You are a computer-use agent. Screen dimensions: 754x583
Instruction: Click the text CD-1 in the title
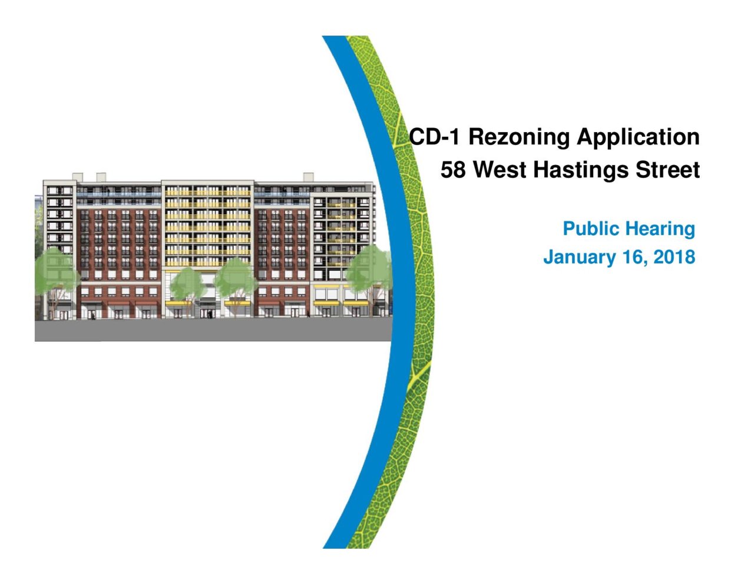[435, 137]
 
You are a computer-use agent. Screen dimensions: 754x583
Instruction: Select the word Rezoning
[519, 137]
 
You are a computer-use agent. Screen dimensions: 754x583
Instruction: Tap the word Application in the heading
[638, 137]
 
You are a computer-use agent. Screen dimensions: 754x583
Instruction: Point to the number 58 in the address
[453, 170]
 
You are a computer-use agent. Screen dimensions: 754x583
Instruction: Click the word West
[500, 170]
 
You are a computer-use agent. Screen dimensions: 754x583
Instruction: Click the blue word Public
[591, 229]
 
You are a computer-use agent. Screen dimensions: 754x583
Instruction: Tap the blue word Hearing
[661, 229]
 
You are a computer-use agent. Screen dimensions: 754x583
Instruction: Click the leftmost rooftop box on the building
[77, 177]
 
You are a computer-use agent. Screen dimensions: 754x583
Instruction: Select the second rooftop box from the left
[101, 177]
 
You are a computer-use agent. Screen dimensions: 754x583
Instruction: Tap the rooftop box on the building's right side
[308, 177]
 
